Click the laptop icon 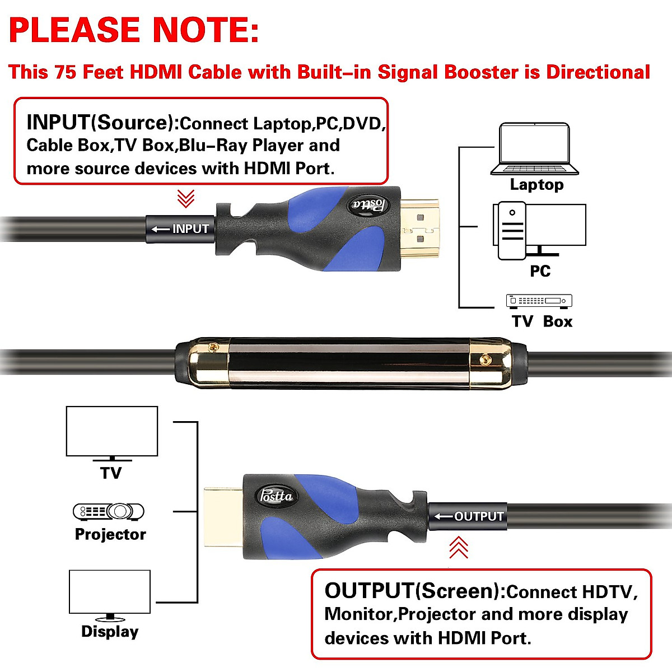pos(535,149)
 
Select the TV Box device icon pos(539,301)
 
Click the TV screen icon pos(112,433)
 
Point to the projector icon pos(109,511)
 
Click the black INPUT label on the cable pos(180,229)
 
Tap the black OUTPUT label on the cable pos(468,516)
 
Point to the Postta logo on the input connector pos(370,205)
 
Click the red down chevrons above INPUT pos(186,198)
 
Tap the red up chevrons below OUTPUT pos(459,548)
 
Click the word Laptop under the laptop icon pos(536,185)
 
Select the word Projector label pos(110,534)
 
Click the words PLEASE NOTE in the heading pos(134,31)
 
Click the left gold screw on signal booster pos(212,348)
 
